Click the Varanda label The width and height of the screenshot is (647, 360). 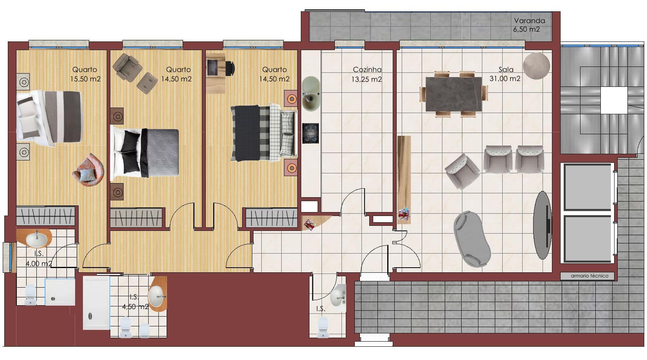(x=529, y=21)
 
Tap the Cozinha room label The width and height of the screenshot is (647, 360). (x=367, y=70)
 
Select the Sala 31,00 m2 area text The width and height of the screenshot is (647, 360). (x=505, y=74)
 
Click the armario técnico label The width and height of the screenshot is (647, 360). (x=589, y=275)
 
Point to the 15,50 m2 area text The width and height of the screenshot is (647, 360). (x=86, y=79)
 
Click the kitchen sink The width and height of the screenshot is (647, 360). (x=311, y=94)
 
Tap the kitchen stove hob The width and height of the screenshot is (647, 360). (x=311, y=133)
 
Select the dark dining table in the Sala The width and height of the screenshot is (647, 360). (x=453, y=94)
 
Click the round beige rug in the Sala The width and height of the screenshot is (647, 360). (x=536, y=66)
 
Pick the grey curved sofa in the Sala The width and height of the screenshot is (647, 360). (x=472, y=239)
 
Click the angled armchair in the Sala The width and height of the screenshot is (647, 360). (x=462, y=172)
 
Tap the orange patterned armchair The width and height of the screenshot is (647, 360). (x=88, y=170)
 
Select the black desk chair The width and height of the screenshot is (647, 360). (x=230, y=68)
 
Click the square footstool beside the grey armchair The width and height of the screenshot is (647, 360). (x=147, y=83)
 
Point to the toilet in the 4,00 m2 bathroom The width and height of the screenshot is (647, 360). (x=31, y=295)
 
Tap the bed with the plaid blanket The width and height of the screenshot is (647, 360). (x=263, y=133)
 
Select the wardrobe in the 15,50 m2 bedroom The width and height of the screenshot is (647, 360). (x=46, y=216)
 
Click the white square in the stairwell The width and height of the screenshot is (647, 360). (x=614, y=100)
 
